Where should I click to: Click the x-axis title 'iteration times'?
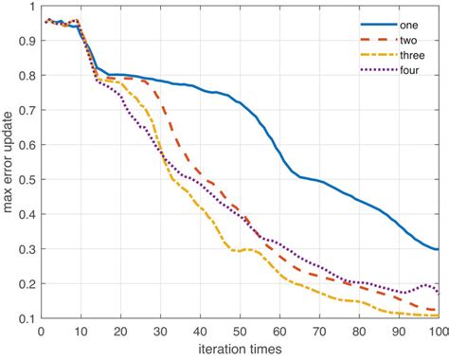coord(240,351)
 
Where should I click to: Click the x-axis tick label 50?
coord(240,332)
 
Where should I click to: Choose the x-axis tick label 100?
coord(438,332)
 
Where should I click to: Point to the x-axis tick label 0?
coord(41,332)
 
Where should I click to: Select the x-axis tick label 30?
coord(160,332)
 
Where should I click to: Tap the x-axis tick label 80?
coord(359,332)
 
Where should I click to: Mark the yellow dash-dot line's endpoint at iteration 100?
coord(439,316)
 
